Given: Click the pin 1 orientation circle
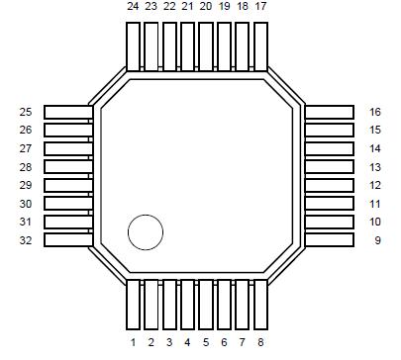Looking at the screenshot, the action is pyautogui.click(x=146, y=232).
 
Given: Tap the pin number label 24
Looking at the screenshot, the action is pyautogui.click(x=133, y=7).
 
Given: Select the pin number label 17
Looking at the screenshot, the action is pyautogui.click(x=260, y=7).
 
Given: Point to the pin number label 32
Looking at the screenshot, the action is pyautogui.click(x=26, y=240).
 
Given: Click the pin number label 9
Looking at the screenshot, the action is pyautogui.click(x=376, y=240).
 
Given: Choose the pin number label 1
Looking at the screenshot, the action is pyautogui.click(x=133, y=342).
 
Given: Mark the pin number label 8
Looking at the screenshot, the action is pyautogui.click(x=260, y=342).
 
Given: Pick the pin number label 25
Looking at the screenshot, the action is pyautogui.click(x=26, y=112).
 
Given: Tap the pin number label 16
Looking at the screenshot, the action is pyautogui.click(x=375, y=112).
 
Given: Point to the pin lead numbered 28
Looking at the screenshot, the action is pyautogui.click(x=67, y=167).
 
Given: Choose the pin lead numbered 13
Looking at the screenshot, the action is pyautogui.click(x=330, y=167).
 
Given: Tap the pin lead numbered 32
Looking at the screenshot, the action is pyautogui.click(x=67, y=240).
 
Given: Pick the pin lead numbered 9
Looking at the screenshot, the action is pyautogui.click(x=330, y=240).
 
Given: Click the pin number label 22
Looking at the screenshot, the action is pyautogui.click(x=169, y=7).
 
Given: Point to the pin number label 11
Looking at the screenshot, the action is pyautogui.click(x=375, y=204).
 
